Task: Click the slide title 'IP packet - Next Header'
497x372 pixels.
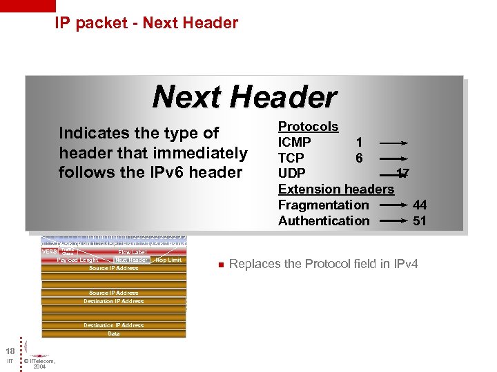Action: click(x=146, y=23)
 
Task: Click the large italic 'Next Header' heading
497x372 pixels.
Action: click(x=244, y=96)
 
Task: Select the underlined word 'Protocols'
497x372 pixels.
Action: click(x=308, y=127)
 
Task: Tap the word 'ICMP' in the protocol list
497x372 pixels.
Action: click(x=294, y=143)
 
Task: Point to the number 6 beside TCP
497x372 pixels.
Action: click(x=359, y=158)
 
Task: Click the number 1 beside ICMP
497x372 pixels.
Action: click(x=359, y=143)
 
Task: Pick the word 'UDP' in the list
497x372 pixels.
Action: click(x=291, y=174)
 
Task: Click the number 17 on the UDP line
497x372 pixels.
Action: click(x=403, y=174)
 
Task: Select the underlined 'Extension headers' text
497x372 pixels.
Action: click(x=335, y=189)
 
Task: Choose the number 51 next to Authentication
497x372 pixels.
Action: click(x=420, y=221)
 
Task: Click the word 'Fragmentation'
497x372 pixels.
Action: click(x=323, y=205)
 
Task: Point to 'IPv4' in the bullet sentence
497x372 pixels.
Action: click(x=404, y=265)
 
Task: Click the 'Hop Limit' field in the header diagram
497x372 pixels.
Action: click(x=168, y=260)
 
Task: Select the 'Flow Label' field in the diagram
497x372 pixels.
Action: click(x=131, y=253)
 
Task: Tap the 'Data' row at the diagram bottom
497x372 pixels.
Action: click(x=114, y=333)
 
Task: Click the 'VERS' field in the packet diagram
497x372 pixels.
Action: click(x=50, y=252)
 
